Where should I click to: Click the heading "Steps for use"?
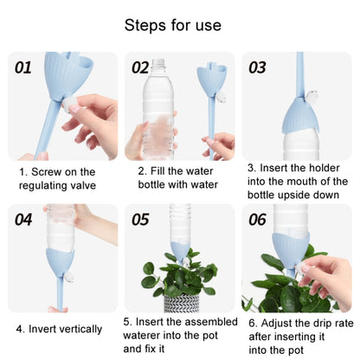tap(173, 26)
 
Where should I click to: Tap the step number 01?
tap(23, 67)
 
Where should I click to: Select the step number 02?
tap(140, 67)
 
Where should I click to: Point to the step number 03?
tap(257, 67)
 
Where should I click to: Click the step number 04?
tap(23, 220)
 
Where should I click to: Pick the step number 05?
tap(140, 220)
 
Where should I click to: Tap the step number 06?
tap(257, 220)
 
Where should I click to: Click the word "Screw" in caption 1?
tap(47, 172)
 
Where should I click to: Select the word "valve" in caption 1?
tap(84, 185)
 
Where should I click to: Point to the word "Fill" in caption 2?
tap(157, 171)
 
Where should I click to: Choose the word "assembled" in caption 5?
tap(211, 322)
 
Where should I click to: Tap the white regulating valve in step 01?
tap(69, 105)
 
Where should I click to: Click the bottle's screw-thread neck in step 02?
tap(158, 64)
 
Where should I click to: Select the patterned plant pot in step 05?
tap(182, 304)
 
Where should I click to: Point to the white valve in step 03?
tap(312, 95)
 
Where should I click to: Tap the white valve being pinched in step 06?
tap(301, 269)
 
